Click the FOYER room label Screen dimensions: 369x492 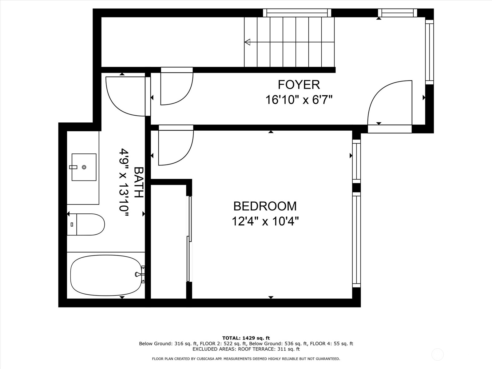[x=299, y=85]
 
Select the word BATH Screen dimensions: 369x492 [x=139, y=182]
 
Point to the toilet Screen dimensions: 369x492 [x=88, y=224]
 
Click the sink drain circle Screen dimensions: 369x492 [x=84, y=167]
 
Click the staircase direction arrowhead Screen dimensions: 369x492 [x=247, y=42]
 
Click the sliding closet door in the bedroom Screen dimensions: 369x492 [x=189, y=238]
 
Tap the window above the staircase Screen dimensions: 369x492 [x=297, y=13]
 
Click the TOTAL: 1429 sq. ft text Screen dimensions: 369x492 [x=246, y=338]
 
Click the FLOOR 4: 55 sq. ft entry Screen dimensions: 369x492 [x=331, y=343]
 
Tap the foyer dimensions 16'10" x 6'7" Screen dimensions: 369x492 [x=299, y=100]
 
